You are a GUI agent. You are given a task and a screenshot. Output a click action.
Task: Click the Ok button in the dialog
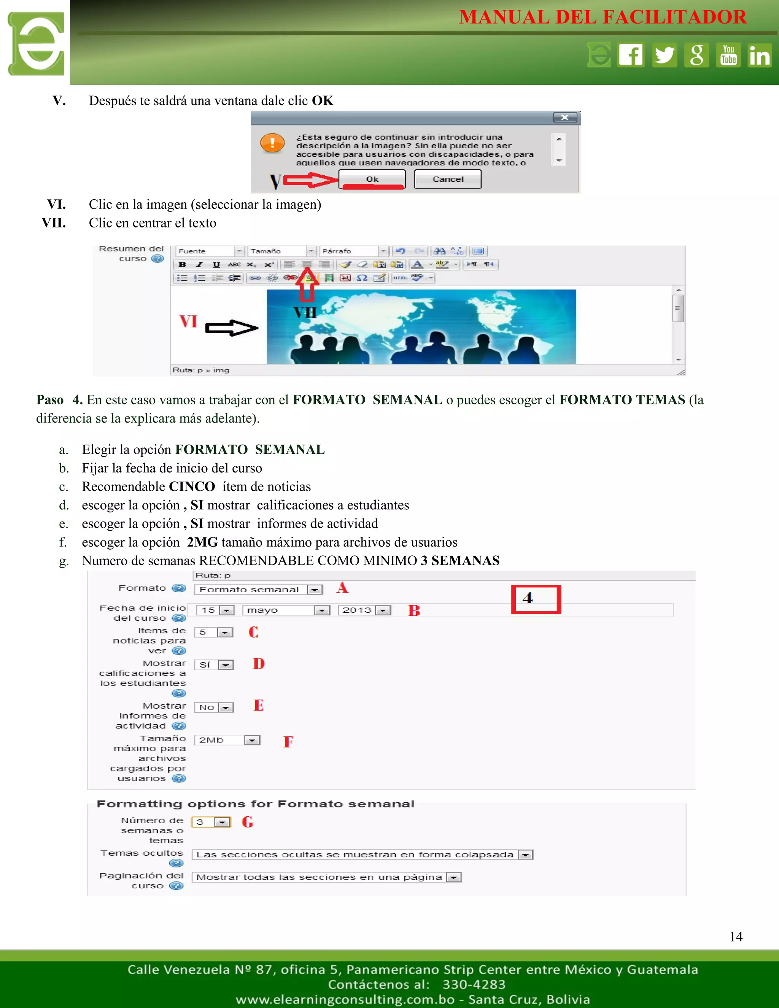(372, 179)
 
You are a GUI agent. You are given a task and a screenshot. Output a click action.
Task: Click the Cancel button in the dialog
(448, 179)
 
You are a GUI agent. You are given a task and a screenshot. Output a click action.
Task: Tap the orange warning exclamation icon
(272, 143)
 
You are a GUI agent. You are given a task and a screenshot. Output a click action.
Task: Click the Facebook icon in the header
(631, 55)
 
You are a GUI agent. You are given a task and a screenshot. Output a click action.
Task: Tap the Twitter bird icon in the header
(664, 55)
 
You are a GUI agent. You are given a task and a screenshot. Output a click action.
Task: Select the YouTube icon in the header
(728, 55)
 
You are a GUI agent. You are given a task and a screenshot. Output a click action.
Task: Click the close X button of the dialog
(565, 118)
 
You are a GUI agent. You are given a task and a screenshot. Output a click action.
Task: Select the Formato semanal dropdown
(258, 589)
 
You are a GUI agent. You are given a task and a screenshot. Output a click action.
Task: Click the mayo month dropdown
(286, 610)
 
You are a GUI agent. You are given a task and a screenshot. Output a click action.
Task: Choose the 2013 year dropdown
(364, 610)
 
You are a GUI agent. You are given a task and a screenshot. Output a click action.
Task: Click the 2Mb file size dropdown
(227, 740)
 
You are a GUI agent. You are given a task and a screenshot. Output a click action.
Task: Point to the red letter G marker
(248, 822)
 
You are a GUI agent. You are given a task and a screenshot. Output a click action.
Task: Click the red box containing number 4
(536, 599)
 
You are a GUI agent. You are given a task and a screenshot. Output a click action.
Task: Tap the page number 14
(736, 936)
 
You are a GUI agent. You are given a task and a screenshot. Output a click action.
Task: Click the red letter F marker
(288, 742)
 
